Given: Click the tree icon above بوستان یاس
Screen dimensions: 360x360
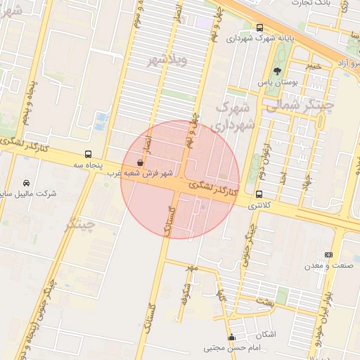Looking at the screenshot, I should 277,71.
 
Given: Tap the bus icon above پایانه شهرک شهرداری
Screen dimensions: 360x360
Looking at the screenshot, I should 260,27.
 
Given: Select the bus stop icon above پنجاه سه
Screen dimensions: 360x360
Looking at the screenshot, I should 89,153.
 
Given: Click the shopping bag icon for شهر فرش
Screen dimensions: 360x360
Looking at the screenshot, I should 140,162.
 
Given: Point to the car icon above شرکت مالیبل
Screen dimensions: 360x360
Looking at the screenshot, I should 27,182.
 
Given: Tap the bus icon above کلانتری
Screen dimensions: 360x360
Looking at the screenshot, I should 259,194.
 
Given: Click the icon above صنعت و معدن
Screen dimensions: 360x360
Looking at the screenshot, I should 328,255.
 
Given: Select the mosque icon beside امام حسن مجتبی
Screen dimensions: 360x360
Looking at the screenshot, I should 231,337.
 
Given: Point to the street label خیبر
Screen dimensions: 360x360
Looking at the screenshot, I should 314,66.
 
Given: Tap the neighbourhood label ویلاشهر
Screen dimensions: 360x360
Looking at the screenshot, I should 166,60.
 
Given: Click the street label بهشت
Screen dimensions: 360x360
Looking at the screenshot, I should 264,302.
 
